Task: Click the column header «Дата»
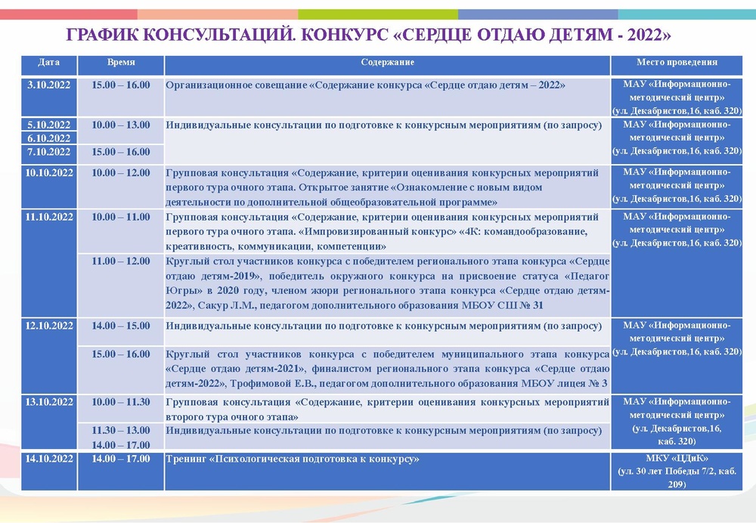click(x=48, y=63)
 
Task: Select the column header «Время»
click(x=121, y=63)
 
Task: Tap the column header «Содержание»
click(x=387, y=63)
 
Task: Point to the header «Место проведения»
click(x=677, y=63)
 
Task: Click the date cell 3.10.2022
click(x=48, y=85)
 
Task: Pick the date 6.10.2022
click(x=48, y=138)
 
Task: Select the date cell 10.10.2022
click(x=48, y=173)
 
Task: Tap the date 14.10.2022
click(x=48, y=459)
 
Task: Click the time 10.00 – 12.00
click(x=121, y=173)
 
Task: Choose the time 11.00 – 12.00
click(x=121, y=261)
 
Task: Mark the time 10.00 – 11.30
click(x=121, y=402)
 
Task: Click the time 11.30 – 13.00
click(x=121, y=430)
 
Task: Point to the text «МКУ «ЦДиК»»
click(x=677, y=459)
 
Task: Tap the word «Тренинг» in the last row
click(x=185, y=459)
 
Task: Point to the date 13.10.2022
click(x=48, y=402)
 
